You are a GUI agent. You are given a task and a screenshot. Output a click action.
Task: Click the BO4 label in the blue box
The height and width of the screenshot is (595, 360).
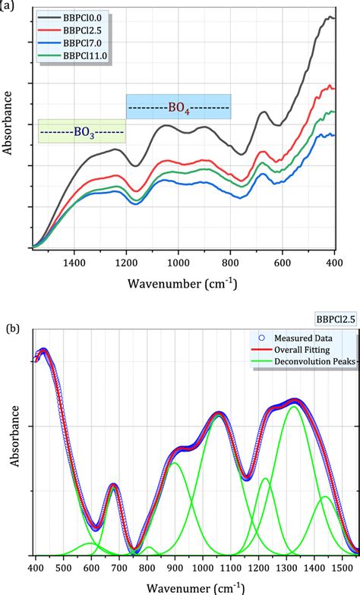coord(178,107)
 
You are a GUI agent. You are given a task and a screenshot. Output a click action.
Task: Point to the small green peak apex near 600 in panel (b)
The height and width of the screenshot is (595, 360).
coord(91,543)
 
